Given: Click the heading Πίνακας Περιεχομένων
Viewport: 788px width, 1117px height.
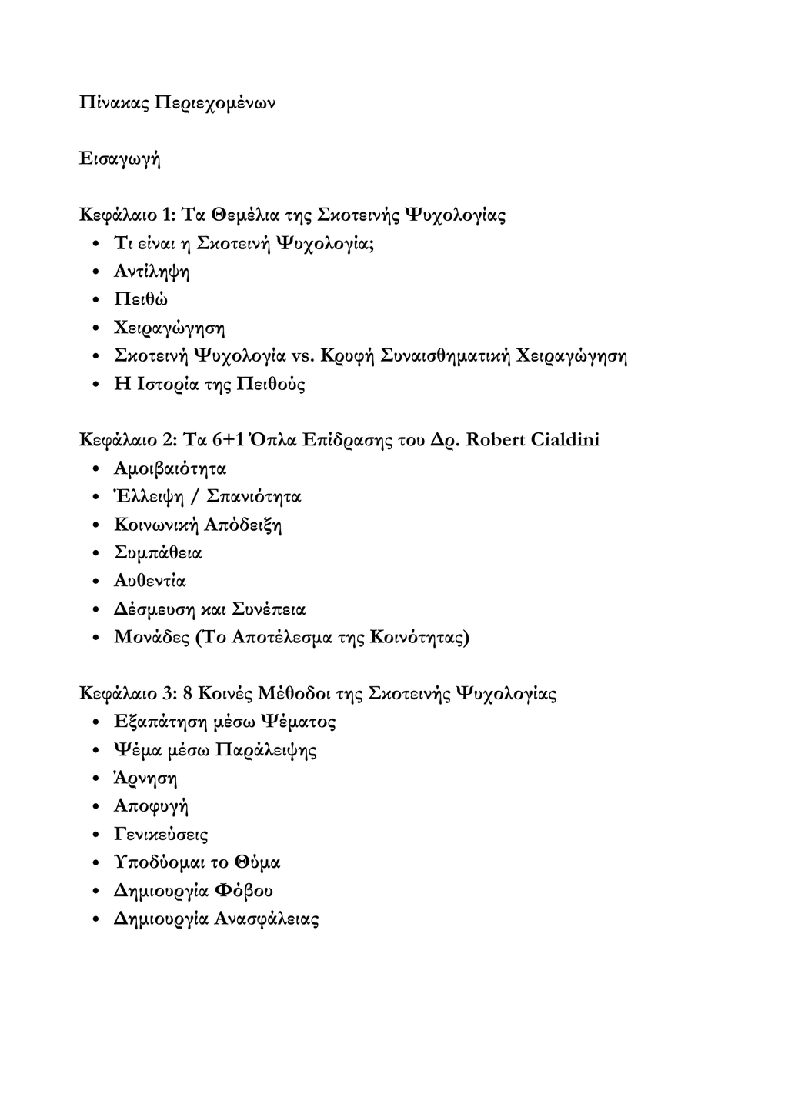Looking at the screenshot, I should tap(177, 102).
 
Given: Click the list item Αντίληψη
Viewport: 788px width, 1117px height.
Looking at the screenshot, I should tap(152, 272).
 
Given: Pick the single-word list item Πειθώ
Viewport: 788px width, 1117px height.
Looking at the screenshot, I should tap(140, 299).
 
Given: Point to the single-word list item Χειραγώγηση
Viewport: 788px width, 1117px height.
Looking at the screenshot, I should tap(169, 328).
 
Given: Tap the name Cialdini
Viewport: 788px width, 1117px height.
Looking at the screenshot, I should tap(566, 440).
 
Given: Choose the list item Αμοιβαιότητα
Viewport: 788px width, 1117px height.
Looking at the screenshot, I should tap(170, 468).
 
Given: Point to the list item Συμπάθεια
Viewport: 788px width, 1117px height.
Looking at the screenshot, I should tap(158, 552).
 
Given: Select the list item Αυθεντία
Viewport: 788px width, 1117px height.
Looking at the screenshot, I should tap(150, 581).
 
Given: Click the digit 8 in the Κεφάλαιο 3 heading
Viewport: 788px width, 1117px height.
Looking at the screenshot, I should tap(188, 693).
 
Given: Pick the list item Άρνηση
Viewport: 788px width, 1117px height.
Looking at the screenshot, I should tap(145, 778).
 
